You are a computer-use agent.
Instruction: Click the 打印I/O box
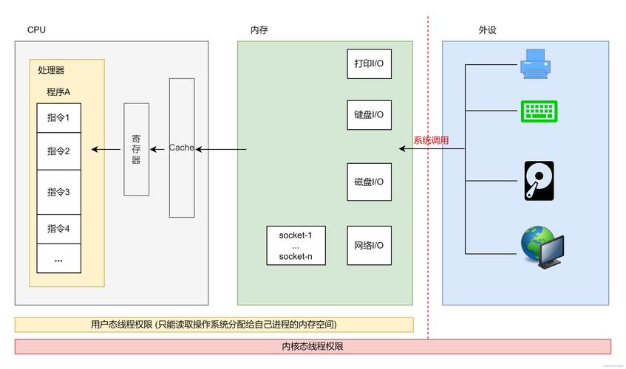point(369,64)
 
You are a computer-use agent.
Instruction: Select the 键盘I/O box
point(369,115)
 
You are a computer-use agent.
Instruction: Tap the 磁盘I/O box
point(369,182)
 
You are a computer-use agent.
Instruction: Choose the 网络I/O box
point(369,246)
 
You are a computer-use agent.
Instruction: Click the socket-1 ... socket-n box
point(296,246)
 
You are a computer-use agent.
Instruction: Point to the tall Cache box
point(182,148)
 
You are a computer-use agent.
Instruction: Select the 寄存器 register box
point(136,149)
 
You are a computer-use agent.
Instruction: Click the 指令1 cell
point(58,118)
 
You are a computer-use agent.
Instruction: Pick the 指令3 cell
point(58,192)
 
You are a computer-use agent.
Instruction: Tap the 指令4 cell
point(58,229)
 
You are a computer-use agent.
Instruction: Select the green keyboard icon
point(539,111)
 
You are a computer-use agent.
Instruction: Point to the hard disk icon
point(539,181)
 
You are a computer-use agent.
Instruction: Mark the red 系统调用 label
point(431,140)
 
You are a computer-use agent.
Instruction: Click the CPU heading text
point(36,30)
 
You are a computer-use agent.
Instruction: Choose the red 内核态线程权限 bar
point(313,346)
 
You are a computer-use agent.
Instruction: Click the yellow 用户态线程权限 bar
point(214,325)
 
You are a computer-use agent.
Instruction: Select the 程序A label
point(58,92)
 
